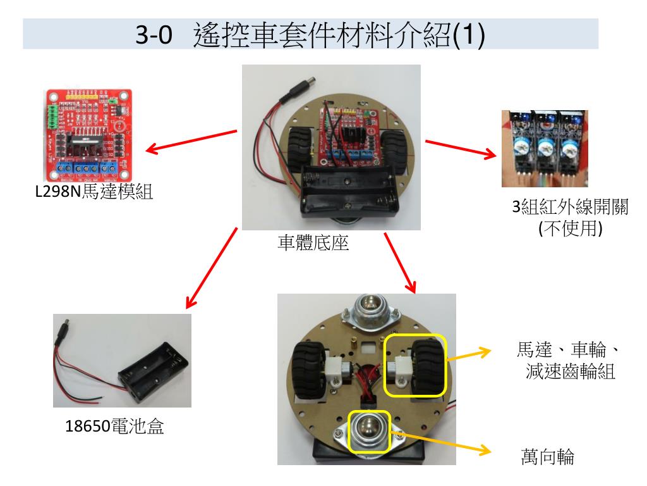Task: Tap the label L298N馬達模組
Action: pos(94,192)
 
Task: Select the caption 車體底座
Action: pos(313,242)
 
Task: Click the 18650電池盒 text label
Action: pos(115,426)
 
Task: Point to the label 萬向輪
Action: pos(548,457)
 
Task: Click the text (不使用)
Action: pos(571,228)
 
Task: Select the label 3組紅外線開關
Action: pos(571,207)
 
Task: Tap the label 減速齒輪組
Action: pos(571,371)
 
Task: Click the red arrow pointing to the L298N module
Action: pos(191,142)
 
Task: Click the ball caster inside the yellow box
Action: pos(368,430)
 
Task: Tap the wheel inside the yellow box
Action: pos(428,366)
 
